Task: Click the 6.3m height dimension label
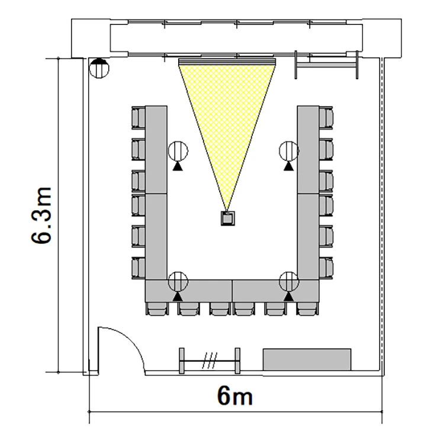(x=41, y=215)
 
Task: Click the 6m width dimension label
(x=235, y=396)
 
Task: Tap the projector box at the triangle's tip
(x=228, y=218)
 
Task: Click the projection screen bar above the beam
(x=227, y=62)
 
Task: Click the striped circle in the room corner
(x=99, y=68)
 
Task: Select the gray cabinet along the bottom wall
(x=307, y=359)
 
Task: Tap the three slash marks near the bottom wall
(x=210, y=361)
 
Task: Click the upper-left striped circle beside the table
(x=178, y=151)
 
